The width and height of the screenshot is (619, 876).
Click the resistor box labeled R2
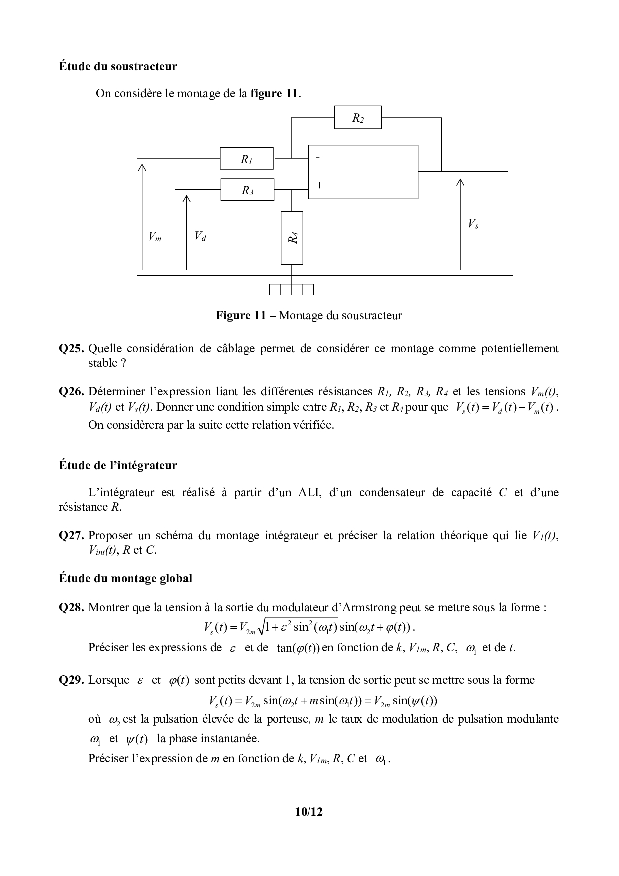(x=358, y=118)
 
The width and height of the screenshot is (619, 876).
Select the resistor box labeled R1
(x=247, y=159)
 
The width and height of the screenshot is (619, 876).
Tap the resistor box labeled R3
(x=247, y=190)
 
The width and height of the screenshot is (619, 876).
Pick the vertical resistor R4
(x=292, y=238)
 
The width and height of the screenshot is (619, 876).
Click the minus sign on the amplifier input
(x=318, y=158)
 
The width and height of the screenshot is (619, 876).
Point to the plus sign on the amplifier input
(x=319, y=185)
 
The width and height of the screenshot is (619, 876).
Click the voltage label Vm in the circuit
(x=155, y=237)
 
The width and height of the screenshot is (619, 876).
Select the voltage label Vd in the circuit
(x=200, y=236)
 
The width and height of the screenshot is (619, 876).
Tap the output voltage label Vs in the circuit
(x=473, y=224)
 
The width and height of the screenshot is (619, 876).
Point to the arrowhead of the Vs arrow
(x=460, y=182)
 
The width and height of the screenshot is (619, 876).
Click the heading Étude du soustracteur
(x=118, y=66)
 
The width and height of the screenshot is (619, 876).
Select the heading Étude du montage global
(x=126, y=579)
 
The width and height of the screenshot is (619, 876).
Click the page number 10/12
(x=309, y=812)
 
